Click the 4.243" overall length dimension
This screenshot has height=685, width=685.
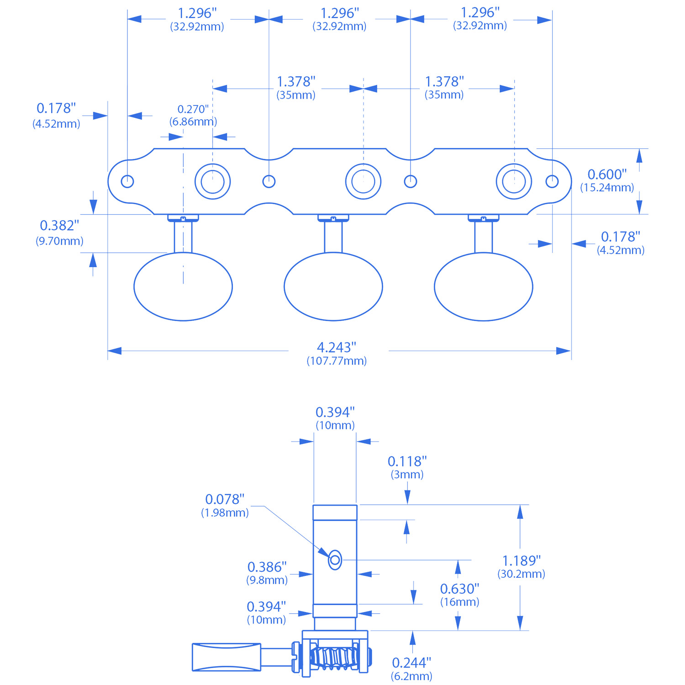[x=337, y=353]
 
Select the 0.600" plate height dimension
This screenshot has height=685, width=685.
[x=607, y=180]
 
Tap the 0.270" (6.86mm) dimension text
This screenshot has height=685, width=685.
[x=193, y=115]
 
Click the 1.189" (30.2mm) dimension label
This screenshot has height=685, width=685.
[x=521, y=567]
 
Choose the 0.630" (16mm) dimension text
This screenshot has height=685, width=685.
[x=459, y=595]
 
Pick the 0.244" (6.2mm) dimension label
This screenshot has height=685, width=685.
[x=411, y=669]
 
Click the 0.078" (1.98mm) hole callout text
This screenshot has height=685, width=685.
[x=225, y=505]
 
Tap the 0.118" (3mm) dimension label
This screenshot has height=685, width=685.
[x=407, y=467]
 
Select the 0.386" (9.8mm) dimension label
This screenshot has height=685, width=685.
[x=267, y=573]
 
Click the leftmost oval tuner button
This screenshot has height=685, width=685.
[x=183, y=287]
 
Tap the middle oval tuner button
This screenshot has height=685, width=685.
[x=333, y=287]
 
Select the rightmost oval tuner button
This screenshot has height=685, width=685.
[x=483, y=287]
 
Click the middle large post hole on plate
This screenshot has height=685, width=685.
[x=363, y=181]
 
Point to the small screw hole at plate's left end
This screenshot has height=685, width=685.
[x=127, y=181]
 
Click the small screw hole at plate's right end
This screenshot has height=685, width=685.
[x=552, y=181]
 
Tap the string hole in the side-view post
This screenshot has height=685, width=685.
[x=335, y=559]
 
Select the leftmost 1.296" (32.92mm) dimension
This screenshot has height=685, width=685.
[x=197, y=19]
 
